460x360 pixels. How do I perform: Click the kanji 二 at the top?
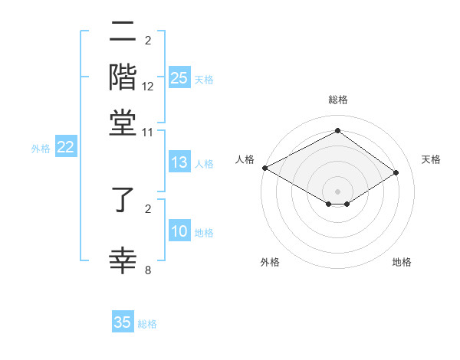point(123,33)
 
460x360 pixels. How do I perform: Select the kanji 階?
point(123,77)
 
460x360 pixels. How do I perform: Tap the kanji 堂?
point(123,122)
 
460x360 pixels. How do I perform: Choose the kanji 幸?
point(123,260)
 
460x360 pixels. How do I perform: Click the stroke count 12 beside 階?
point(148,87)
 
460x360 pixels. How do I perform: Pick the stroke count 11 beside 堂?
point(148,132)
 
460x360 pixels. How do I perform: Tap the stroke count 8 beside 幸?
point(148,270)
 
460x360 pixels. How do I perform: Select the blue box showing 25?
point(179,78)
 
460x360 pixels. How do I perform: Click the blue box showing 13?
point(179,162)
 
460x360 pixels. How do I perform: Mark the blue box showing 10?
point(179,232)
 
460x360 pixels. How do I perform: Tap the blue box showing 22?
point(65,148)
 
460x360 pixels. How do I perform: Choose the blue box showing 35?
point(123,322)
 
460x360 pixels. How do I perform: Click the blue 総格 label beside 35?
point(147,324)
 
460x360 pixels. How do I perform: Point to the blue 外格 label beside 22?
point(41,149)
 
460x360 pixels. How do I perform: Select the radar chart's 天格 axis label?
point(431,159)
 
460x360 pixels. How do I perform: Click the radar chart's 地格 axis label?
point(402,262)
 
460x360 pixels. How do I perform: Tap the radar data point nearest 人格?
point(264,168)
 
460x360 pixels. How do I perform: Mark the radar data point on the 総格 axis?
point(337,131)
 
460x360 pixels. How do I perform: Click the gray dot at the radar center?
point(337,191)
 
